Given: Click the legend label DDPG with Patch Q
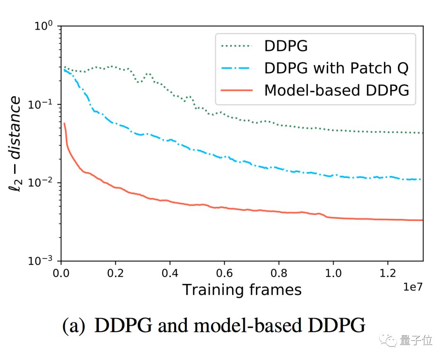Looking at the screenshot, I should (336, 68).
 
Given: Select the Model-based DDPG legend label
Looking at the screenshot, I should (336, 90).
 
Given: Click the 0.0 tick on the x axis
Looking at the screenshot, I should (61, 274).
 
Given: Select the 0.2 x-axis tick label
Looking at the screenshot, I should (115, 274).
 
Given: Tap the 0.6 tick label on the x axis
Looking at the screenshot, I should (224, 274).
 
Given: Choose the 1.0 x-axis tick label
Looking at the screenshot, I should (333, 274).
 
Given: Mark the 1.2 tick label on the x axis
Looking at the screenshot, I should (387, 274).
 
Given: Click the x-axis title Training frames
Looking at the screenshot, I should (242, 290).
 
